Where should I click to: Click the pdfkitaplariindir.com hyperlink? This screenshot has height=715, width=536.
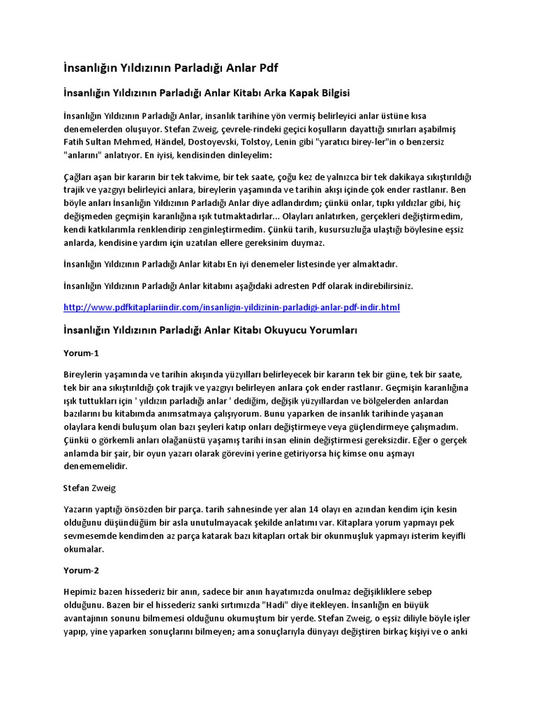pyautogui.click(x=231, y=307)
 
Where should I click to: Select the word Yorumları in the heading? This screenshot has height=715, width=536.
pyautogui.click(x=330, y=330)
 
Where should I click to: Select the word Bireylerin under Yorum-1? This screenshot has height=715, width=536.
pyautogui.click(x=86, y=375)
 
